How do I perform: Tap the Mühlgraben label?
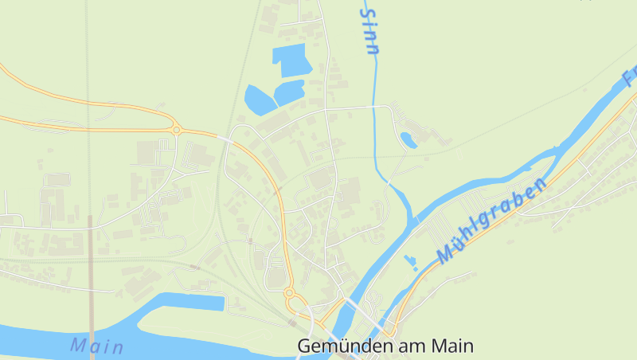[x=492, y=221]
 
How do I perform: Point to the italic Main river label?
[x=96, y=346]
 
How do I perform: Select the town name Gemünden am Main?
[x=385, y=346]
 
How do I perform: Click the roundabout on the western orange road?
[x=175, y=129]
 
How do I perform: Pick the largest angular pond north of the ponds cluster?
[x=290, y=59]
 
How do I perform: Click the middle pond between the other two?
[x=289, y=91]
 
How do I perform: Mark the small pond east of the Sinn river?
[x=408, y=140]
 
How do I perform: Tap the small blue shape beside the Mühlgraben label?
[x=411, y=262]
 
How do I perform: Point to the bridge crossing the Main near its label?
[x=92, y=335]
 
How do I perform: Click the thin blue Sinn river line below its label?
[x=374, y=119]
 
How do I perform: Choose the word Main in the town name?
[x=453, y=346]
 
